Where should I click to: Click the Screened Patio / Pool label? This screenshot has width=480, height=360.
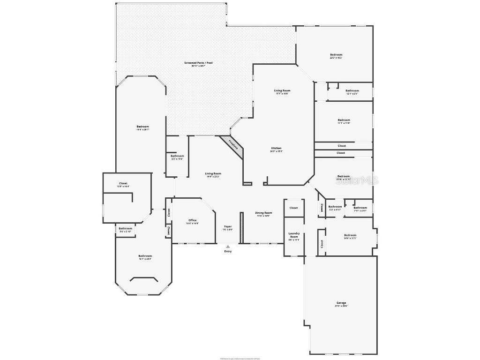click(x=195, y=62)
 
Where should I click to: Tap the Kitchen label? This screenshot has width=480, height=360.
click(x=276, y=148)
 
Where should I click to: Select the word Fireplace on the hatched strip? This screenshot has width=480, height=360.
click(x=233, y=144)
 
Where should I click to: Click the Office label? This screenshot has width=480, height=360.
click(x=192, y=220)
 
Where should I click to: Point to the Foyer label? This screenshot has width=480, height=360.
click(x=228, y=226)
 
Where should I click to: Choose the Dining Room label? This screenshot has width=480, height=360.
click(x=263, y=213)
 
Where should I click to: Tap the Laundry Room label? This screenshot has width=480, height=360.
click(x=294, y=235)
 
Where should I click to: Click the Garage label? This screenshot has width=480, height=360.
click(x=341, y=303)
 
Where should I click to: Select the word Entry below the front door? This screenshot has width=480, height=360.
click(x=228, y=251)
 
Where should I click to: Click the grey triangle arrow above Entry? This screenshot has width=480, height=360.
click(x=228, y=246)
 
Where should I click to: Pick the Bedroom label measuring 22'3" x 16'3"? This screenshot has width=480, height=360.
click(x=336, y=55)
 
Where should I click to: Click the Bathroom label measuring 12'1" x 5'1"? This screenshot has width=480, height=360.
click(x=352, y=90)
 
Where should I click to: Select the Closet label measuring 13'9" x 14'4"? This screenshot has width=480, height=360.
click(x=123, y=183)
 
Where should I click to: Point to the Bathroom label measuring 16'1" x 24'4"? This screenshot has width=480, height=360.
click(x=145, y=256)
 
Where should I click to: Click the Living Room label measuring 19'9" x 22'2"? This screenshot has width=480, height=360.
click(x=213, y=173)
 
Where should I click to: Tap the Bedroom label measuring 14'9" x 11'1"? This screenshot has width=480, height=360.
click(x=350, y=235)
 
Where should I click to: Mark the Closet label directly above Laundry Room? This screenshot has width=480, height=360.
click(x=293, y=208)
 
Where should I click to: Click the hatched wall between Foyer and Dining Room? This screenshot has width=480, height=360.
click(x=241, y=228)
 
